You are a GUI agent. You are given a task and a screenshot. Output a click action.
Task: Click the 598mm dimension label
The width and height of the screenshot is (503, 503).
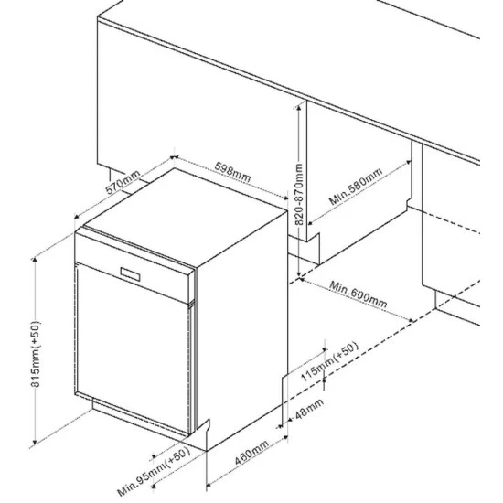232,172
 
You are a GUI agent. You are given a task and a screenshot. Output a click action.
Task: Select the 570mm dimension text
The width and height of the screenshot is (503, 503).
123,182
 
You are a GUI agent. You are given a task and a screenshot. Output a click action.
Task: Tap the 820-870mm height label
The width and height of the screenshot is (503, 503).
299,194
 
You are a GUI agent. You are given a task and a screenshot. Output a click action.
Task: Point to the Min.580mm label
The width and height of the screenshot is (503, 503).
356,186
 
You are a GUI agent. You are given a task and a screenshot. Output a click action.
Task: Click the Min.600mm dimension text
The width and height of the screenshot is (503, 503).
359,294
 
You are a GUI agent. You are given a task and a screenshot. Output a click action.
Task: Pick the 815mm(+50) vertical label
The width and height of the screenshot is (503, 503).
36,354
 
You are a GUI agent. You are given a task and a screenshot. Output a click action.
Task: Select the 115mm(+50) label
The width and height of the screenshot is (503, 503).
329,362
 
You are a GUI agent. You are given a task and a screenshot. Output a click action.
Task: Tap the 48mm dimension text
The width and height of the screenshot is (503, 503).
309,409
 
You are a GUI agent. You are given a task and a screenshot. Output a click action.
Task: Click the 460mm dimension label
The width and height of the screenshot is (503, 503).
251,453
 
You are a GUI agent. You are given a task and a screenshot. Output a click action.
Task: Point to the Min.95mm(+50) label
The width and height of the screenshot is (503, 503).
154,472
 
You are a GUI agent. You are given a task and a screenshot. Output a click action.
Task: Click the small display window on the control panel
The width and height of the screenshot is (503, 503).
130,274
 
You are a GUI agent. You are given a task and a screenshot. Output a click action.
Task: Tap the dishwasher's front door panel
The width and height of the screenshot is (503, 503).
133,348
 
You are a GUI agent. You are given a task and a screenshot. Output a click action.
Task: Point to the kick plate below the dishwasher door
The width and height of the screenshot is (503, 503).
141,419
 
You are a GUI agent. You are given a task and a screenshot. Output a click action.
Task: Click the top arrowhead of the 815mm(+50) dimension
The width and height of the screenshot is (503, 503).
35,260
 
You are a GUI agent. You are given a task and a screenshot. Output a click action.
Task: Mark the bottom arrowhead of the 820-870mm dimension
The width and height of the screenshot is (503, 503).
299,274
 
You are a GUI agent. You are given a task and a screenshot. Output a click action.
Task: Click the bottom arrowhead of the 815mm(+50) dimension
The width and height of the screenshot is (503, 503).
35,442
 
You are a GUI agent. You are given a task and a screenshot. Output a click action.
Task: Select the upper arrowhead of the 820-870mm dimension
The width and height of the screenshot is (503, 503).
299,109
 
